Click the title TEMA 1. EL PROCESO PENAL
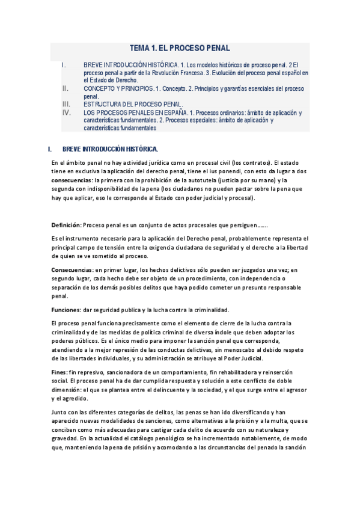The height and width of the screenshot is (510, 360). pyautogui.click(x=180, y=48)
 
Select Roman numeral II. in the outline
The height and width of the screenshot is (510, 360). pyautogui.click(x=66, y=88)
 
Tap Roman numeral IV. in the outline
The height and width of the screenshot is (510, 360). pyautogui.click(x=66, y=112)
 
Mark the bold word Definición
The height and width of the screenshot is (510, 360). pyautogui.click(x=66, y=225)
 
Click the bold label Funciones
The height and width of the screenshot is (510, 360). pyautogui.click(x=66, y=310)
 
